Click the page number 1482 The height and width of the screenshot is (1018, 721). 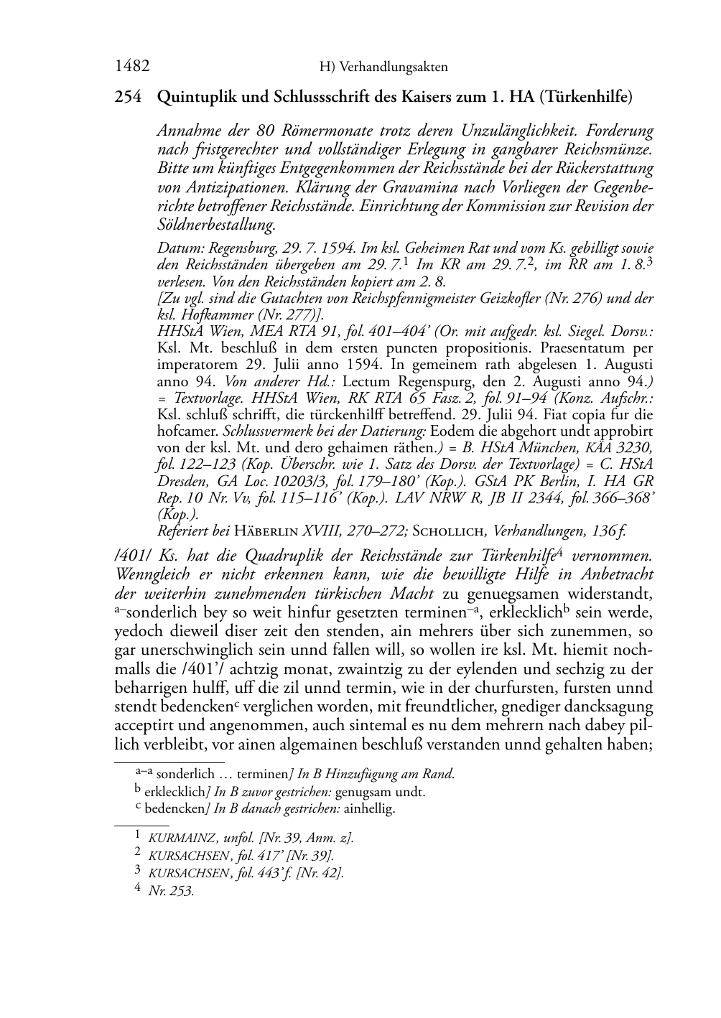pos(131,67)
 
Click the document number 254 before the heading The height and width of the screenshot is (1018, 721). pos(127,96)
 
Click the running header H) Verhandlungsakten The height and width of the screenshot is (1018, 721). pos(383,67)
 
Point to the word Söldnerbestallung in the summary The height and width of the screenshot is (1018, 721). pos(215,225)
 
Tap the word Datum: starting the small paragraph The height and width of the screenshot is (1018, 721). pos(176,249)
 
